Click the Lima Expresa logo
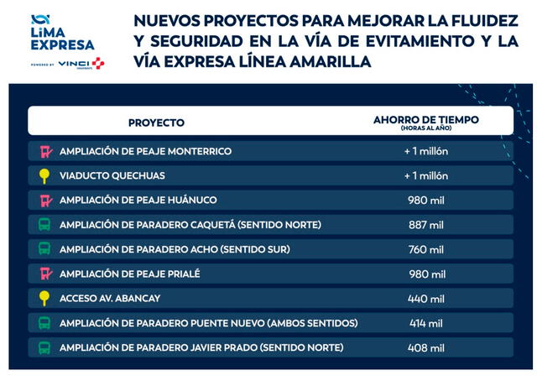(62, 33)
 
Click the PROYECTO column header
(156, 123)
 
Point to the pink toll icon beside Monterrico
(45, 152)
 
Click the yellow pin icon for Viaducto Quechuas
(45, 176)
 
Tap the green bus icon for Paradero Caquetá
(45, 225)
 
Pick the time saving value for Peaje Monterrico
(425, 152)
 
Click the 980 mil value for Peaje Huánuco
(425, 201)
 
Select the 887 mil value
(425, 225)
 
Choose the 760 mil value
(425, 249)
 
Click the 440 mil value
(425, 298)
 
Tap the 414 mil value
(425, 323)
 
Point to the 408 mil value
(425, 347)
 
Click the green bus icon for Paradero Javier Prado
(45, 347)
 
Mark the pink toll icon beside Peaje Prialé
(45, 274)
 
